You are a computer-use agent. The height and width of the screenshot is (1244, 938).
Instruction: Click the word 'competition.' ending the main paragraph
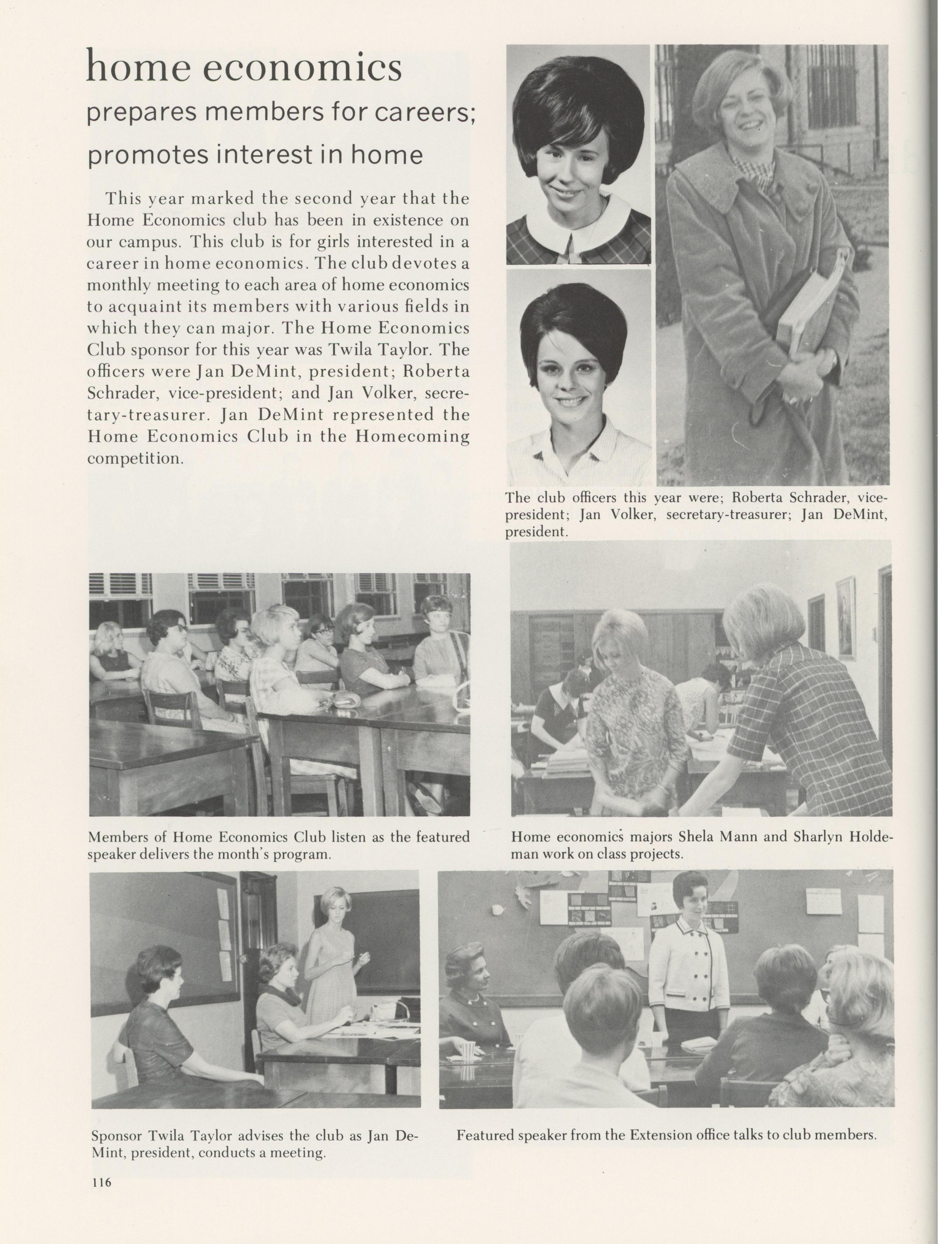[135, 458]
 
